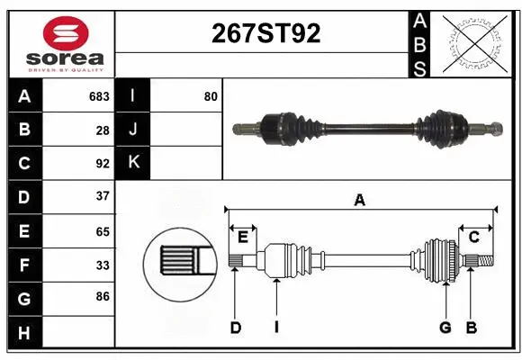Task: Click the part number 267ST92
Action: tap(265, 33)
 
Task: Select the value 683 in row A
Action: tap(99, 96)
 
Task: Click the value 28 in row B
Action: tap(103, 130)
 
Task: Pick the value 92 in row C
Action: tap(103, 164)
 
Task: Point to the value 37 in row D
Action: tap(103, 196)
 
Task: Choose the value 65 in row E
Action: tap(103, 230)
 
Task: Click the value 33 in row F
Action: tap(103, 265)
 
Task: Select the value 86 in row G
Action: tap(103, 295)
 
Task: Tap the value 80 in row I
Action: tap(211, 96)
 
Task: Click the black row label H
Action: tap(24, 334)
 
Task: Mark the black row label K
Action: tap(133, 163)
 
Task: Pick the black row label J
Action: tap(133, 130)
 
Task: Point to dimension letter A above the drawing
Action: tap(360, 201)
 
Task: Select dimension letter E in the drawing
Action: tap(243, 237)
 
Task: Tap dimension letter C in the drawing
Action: tap(473, 237)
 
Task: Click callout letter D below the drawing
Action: tap(235, 328)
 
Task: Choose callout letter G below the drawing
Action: tap(445, 328)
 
